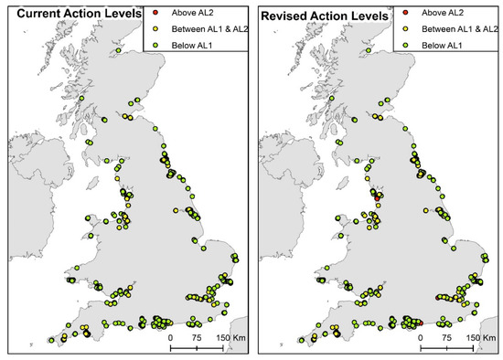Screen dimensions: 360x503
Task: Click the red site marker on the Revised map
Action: [x=377, y=196]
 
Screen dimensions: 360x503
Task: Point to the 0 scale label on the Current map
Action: [x=171, y=336]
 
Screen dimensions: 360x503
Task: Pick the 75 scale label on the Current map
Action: [x=197, y=336]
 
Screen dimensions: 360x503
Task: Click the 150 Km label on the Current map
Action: [x=229, y=336]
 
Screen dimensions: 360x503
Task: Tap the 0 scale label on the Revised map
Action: [x=420, y=336]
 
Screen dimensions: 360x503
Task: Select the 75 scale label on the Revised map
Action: [x=445, y=336]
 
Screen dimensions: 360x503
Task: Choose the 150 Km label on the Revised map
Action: [x=477, y=336]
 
